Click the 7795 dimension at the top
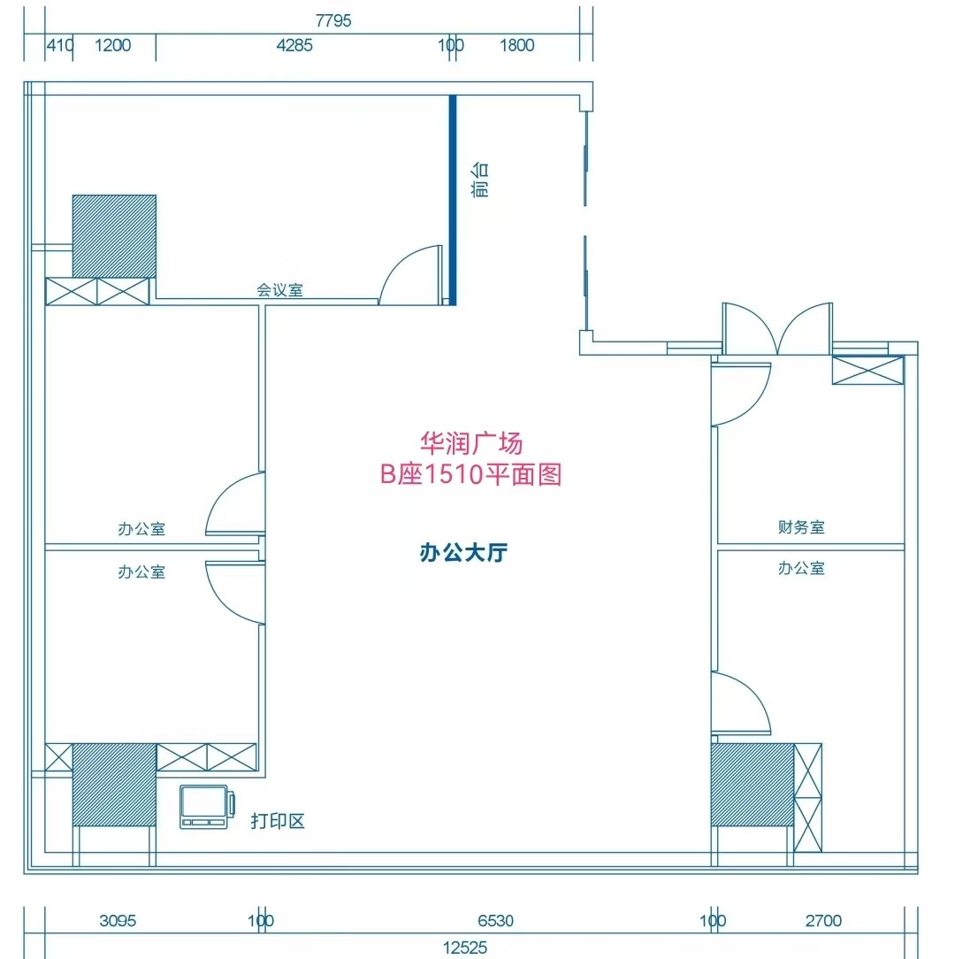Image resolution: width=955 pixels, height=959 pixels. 333,21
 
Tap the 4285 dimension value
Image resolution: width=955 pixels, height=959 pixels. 294,45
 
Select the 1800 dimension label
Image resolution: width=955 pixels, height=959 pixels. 516,45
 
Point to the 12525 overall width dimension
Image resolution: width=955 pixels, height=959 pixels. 464,947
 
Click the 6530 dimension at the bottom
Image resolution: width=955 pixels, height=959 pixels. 495,920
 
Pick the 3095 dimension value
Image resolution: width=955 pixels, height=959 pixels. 118,920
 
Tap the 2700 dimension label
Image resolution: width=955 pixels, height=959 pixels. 823,920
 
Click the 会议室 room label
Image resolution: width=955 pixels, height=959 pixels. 279,290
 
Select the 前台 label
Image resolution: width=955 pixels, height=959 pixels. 480,180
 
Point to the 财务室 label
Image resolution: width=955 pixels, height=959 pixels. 801,526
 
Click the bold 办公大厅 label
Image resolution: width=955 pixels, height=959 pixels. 463,552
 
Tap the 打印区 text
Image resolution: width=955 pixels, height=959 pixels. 278,821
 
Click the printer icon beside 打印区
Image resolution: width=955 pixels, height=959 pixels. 207,807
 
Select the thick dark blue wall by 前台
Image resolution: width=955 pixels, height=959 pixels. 453,200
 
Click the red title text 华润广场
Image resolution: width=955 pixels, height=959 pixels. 470,443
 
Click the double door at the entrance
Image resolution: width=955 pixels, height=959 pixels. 777,328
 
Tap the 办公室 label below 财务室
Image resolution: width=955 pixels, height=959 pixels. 801,568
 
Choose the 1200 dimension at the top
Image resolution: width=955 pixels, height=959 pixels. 112,45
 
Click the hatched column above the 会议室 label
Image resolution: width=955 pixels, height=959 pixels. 114,237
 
